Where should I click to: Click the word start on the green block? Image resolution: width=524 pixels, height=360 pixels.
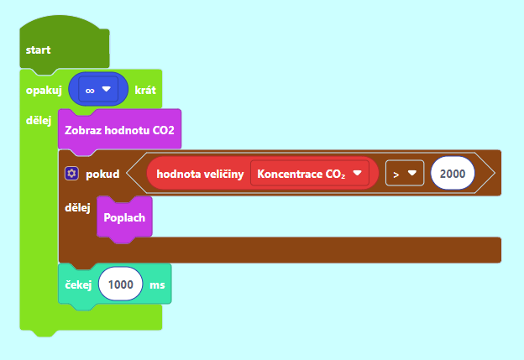pyautogui.click(x=38, y=50)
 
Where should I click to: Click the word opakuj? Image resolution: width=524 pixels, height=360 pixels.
pyautogui.click(x=44, y=91)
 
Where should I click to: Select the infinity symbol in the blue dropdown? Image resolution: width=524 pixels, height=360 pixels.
pyautogui.click(x=90, y=91)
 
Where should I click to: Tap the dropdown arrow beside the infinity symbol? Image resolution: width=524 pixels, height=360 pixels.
pyautogui.click(x=107, y=89)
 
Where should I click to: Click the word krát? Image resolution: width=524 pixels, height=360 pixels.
pyautogui.click(x=145, y=90)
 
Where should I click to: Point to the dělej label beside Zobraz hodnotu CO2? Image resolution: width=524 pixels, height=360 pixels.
pyautogui.click(x=39, y=120)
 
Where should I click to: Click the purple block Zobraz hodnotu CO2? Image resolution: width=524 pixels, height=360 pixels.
pyautogui.click(x=119, y=129)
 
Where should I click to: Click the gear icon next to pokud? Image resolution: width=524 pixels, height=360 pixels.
pyautogui.click(x=71, y=174)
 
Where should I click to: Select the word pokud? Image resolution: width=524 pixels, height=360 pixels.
pyautogui.click(x=102, y=175)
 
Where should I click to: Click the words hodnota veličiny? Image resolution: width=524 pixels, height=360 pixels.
pyautogui.click(x=200, y=174)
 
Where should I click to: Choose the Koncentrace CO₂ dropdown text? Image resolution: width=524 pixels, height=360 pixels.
pyautogui.click(x=301, y=174)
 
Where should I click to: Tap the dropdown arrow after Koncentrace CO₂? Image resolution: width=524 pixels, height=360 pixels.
pyautogui.click(x=357, y=173)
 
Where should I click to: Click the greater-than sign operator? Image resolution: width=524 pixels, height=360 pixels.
pyautogui.click(x=396, y=175)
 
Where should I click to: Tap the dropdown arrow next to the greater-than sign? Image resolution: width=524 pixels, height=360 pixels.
pyautogui.click(x=412, y=173)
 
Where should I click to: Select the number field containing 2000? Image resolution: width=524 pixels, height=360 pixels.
pyautogui.click(x=453, y=174)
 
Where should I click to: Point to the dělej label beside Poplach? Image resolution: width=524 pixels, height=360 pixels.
pyautogui.click(x=77, y=208)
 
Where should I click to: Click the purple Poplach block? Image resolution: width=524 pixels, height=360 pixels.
pyautogui.click(x=124, y=217)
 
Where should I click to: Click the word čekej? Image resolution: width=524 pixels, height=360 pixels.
pyautogui.click(x=78, y=284)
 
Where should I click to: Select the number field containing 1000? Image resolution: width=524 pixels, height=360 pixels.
pyautogui.click(x=121, y=284)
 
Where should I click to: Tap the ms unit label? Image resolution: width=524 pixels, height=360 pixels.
pyautogui.click(x=157, y=284)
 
